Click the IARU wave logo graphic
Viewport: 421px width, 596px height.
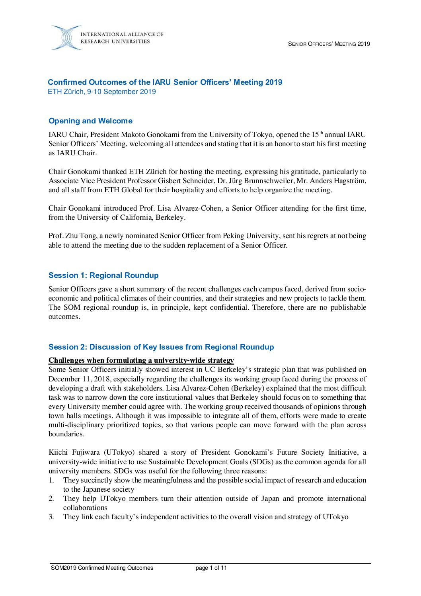(x=66, y=38)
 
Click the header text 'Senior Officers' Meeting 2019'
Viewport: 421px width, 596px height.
(x=329, y=44)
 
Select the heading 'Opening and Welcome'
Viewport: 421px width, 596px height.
(x=90, y=121)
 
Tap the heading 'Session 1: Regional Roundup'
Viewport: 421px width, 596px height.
(x=103, y=276)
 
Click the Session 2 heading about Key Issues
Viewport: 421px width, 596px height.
(x=161, y=347)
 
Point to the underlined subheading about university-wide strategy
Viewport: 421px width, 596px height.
(x=141, y=360)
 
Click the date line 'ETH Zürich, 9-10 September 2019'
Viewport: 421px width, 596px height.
(x=102, y=92)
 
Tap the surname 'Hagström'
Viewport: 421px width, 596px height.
(x=349, y=181)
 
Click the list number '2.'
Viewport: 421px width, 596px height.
(x=51, y=499)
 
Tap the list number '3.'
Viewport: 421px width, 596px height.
(x=51, y=517)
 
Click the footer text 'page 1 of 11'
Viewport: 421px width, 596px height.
(x=211, y=568)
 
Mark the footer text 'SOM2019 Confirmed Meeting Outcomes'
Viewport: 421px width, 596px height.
(x=102, y=568)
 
